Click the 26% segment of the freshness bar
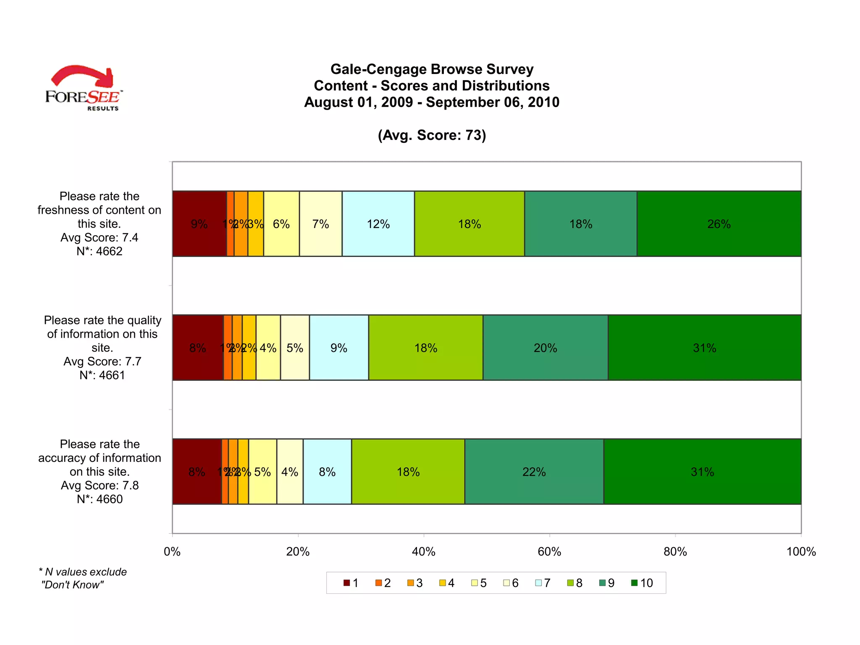pos(719,224)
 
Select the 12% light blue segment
pos(378,224)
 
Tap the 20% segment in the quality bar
pos(545,348)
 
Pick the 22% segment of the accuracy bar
pos(534,472)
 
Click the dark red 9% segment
pos(199,224)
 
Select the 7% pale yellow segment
pos(320,224)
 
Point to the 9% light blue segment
pos(338,348)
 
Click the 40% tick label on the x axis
pos(423,552)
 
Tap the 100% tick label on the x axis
pos(801,552)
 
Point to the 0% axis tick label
pos(172,552)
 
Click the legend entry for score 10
pos(642,583)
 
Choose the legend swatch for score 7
pos(538,583)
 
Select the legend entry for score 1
pos(351,583)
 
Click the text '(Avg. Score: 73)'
pos(432,135)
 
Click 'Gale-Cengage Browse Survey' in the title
pos(432,69)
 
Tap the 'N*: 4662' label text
pos(100,251)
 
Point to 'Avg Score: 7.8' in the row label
pos(100,485)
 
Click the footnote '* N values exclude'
pos(83,572)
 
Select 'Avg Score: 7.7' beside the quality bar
pos(102,362)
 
